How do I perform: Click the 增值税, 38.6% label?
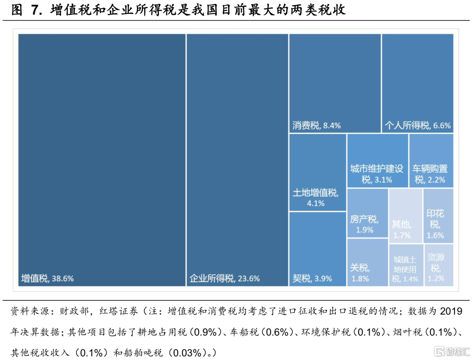pyautogui.click(x=48, y=279)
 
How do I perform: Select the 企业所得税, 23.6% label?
pyautogui.click(x=225, y=279)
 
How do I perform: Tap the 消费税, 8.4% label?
pyautogui.click(x=317, y=126)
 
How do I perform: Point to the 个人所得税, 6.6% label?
pyautogui.click(x=417, y=126)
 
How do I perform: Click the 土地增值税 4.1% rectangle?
pyautogui.click(x=318, y=173)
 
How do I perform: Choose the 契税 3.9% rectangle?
pyautogui.click(x=318, y=249)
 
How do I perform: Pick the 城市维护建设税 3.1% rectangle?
pyautogui.click(x=378, y=161)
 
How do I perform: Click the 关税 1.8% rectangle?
pyautogui.click(x=367, y=262)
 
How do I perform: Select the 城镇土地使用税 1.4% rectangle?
pyautogui.click(x=406, y=265)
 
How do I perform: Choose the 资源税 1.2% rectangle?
pyautogui.click(x=438, y=265)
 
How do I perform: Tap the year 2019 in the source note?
pyautogui.click(x=451, y=312)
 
